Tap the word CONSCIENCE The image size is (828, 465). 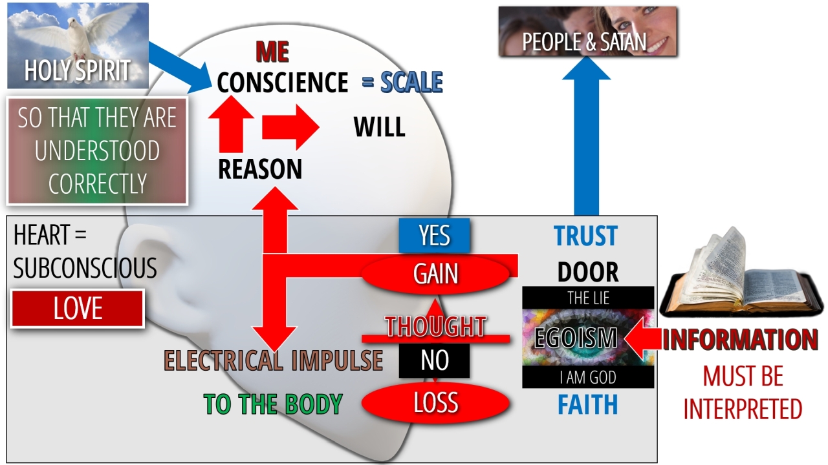click(283, 83)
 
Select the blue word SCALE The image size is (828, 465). click(411, 83)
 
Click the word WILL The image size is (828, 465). click(379, 127)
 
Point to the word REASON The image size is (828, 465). click(260, 169)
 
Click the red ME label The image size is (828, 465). click(272, 52)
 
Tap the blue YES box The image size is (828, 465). click(434, 236)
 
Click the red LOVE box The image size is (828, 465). click(78, 309)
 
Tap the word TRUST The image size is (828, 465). click(586, 236)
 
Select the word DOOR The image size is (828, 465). click(587, 272)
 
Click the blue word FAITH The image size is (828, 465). click(587, 404)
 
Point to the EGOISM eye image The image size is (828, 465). click(587, 337)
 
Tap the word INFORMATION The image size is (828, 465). click(740, 340)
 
